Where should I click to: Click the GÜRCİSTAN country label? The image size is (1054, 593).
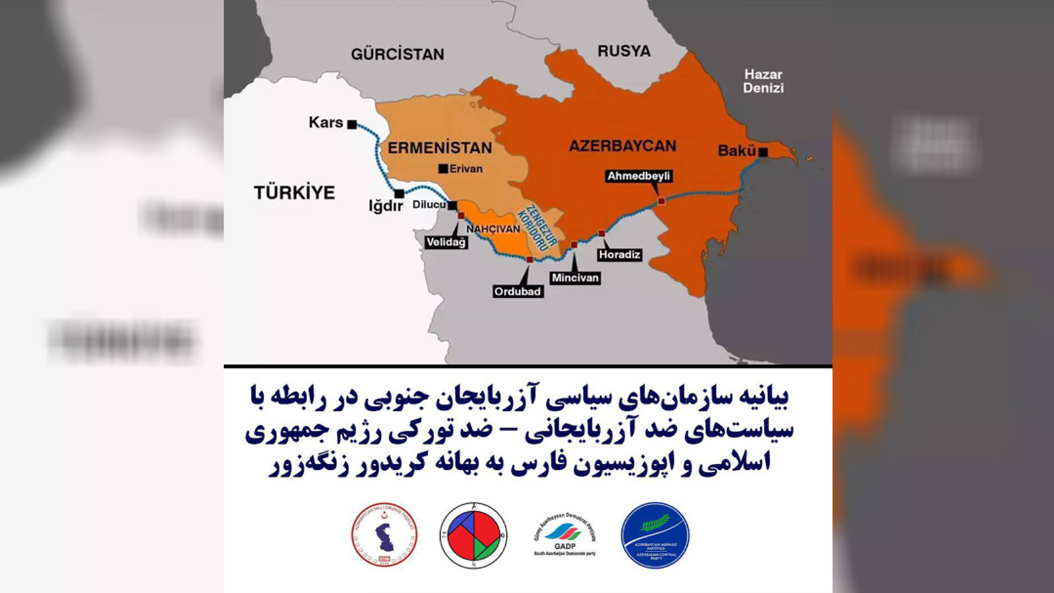click(397, 54)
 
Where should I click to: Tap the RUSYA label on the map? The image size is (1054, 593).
click(623, 51)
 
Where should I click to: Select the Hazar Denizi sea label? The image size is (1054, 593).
click(763, 81)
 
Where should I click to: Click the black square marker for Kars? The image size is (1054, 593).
click(352, 124)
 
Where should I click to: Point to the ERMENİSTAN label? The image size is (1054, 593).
click(439, 148)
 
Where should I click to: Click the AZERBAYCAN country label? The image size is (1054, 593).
click(622, 146)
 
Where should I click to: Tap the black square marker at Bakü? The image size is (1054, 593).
click(763, 152)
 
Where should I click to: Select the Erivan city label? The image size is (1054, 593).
click(465, 169)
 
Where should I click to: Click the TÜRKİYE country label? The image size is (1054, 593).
click(294, 192)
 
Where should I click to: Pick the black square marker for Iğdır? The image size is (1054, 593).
click(399, 194)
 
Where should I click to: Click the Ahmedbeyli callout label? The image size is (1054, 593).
click(638, 176)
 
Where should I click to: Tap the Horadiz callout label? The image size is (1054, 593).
click(619, 254)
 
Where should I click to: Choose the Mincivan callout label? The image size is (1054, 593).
click(575, 277)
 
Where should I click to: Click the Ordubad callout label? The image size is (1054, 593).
click(517, 291)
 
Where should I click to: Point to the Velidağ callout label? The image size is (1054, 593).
click(446, 242)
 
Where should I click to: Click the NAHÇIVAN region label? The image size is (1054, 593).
click(493, 229)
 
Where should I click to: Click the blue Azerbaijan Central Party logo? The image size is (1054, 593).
click(655, 536)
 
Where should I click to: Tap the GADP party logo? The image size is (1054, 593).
click(565, 535)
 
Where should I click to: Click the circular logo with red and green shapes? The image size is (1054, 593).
click(474, 535)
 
